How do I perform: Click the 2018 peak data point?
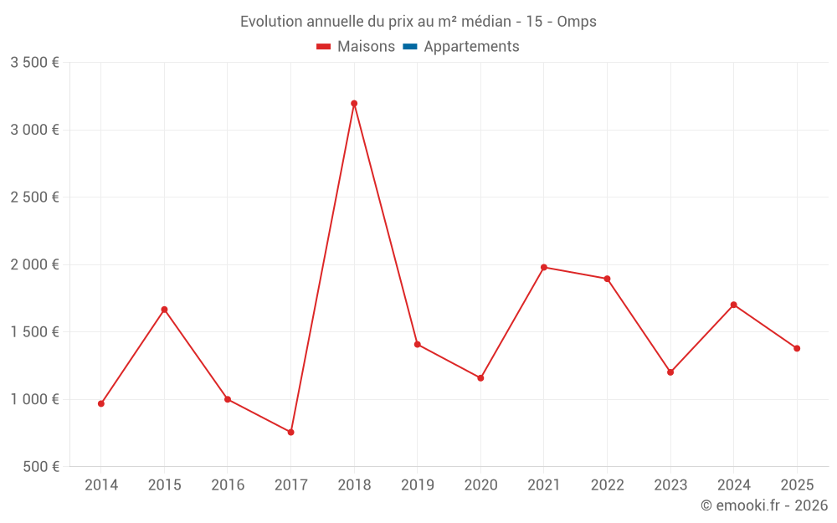(354, 104)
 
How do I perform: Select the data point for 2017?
(290, 432)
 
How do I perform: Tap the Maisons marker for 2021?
(544, 267)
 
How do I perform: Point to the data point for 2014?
(101, 403)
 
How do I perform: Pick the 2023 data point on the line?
(670, 372)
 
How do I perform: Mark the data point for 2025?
(797, 348)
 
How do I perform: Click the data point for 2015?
(164, 310)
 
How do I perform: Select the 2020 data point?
(480, 378)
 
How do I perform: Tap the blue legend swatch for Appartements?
(409, 47)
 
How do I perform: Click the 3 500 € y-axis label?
(34, 63)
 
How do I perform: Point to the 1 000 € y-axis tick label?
(34, 399)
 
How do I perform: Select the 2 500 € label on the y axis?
(34, 197)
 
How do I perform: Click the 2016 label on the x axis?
(228, 485)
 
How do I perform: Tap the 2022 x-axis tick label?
(607, 485)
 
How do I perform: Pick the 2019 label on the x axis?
(417, 485)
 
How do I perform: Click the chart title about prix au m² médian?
(418, 22)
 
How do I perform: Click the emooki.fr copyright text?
(763, 505)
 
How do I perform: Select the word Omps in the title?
(577, 22)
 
